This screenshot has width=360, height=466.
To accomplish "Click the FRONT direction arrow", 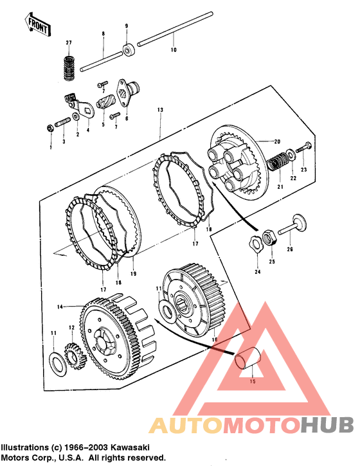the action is click(37, 24).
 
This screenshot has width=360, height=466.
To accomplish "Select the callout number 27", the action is click(69, 43).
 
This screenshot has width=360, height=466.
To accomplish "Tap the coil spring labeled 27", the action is click(69, 67).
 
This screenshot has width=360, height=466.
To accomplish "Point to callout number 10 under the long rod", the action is click(174, 49).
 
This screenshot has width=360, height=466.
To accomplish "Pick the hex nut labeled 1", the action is click(50, 128).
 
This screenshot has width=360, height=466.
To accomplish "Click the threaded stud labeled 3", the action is click(63, 122).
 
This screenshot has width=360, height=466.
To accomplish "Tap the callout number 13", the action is click(160, 110).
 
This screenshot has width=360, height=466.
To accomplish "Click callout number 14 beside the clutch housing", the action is click(60, 307).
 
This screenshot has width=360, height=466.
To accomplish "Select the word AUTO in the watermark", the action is click(186, 426).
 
